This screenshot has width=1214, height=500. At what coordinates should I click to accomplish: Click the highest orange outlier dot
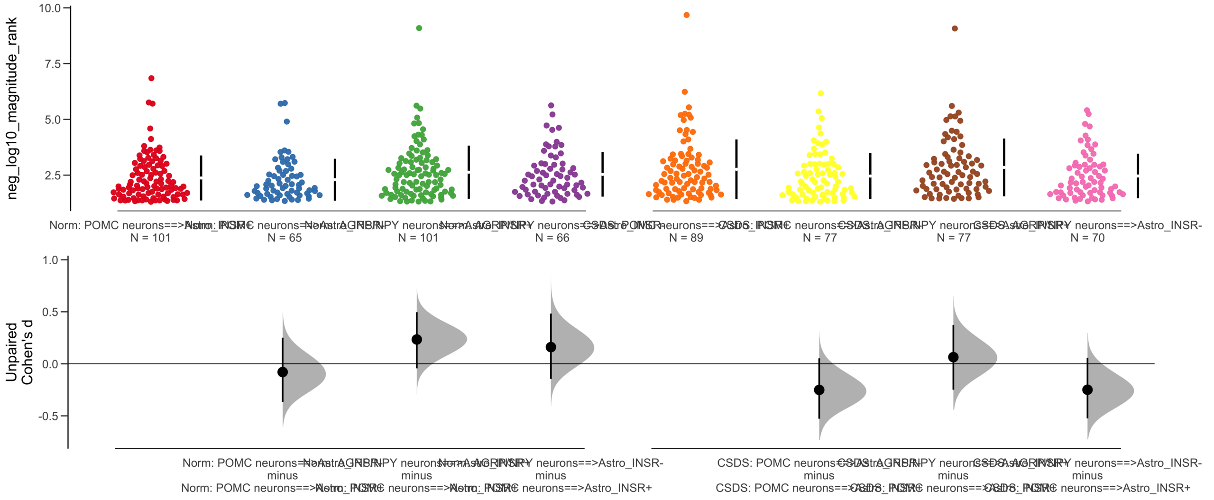[686, 15]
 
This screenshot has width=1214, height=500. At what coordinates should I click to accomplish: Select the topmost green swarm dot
[419, 28]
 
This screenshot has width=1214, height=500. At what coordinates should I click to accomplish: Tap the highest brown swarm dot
[955, 28]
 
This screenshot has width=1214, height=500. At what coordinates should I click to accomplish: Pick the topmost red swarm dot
[151, 78]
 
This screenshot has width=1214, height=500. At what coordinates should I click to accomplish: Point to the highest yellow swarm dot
[821, 93]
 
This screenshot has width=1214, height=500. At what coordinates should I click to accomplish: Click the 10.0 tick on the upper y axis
[50, 8]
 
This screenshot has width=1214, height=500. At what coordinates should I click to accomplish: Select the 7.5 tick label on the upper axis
[53, 64]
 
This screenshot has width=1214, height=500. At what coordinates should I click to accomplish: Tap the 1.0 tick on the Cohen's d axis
[50, 260]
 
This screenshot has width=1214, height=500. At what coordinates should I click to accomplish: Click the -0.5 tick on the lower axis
[48, 416]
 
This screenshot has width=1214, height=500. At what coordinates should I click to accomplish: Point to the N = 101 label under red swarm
[150, 238]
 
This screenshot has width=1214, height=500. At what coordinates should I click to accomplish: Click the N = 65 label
[285, 238]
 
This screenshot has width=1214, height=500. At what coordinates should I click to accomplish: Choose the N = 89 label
[686, 238]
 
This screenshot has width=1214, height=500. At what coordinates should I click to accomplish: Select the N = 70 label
[1087, 238]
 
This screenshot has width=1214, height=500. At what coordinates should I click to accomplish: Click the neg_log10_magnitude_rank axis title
[11, 108]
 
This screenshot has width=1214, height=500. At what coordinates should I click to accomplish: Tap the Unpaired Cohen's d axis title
[19, 353]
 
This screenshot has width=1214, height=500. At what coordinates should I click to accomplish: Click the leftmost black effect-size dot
[283, 372]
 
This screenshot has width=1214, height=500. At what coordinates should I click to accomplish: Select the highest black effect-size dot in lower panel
[417, 339]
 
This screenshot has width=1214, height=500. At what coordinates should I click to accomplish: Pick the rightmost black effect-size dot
[1087, 389]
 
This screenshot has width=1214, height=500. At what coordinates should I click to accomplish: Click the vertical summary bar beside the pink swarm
[1138, 176]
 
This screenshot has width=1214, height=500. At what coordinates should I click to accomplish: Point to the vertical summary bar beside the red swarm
[201, 177]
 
